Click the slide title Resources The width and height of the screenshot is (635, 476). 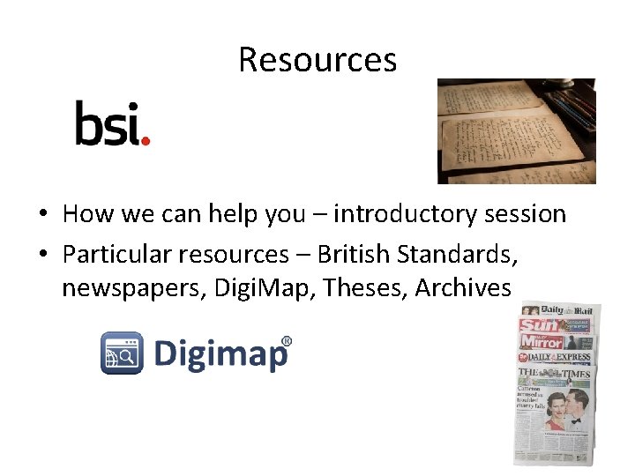(x=317, y=60)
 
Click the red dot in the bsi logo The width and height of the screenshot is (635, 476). (x=146, y=140)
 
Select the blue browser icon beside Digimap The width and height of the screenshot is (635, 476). (x=122, y=353)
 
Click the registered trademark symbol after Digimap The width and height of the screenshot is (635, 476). (x=286, y=341)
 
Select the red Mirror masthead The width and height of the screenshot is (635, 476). (x=541, y=341)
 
